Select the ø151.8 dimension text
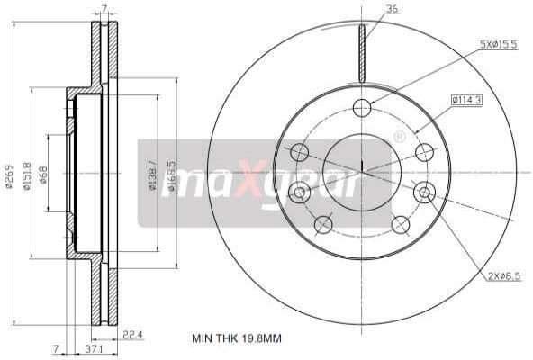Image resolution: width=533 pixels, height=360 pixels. click(x=28, y=175)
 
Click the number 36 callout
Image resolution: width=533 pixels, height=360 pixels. click(x=392, y=10)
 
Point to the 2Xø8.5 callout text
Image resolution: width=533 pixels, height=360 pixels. click(x=504, y=276)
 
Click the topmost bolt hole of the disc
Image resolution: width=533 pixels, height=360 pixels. click(x=362, y=108)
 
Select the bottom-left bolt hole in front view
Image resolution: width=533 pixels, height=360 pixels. click(x=323, y=224)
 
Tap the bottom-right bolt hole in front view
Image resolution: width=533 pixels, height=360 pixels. click(x=400, y=224)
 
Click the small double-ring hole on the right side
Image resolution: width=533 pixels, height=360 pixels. click(x=424, y=191)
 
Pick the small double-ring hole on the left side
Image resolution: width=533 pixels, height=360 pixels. click(x=300, y=191)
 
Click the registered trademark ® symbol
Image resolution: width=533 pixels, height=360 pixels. click(x=399, y=138)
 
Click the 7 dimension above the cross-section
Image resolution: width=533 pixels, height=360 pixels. click(x=104, y=10)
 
